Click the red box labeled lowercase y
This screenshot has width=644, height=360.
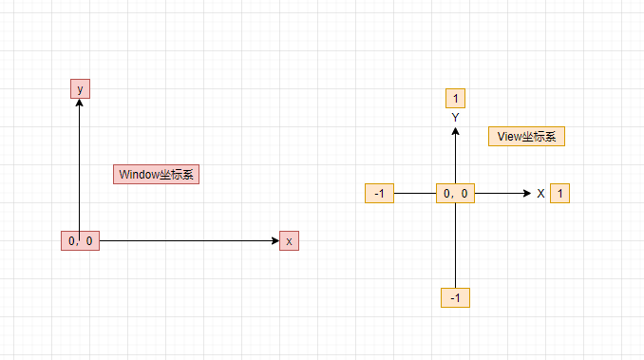point(80,88)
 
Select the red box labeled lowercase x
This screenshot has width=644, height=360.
point(289,240)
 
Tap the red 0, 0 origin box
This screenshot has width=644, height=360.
point(80,240)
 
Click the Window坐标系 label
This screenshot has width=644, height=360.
point(156,175)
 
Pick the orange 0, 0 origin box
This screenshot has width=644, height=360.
point(456,193)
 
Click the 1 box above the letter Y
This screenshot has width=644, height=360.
point(456,99)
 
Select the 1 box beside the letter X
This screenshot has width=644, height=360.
point(560,193)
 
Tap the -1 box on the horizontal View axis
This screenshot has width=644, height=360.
point(379,193)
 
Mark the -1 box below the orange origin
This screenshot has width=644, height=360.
point(456,297)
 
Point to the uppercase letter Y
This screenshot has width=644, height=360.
point(456,117)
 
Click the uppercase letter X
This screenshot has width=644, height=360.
point(540,194)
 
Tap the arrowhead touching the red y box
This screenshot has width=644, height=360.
point(80,104)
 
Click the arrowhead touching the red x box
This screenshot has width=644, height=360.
point(274,240)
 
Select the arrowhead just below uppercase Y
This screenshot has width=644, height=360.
point(456,132)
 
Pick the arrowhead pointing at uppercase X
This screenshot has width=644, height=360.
point(525,193)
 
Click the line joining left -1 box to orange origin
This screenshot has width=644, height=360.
point(414,193)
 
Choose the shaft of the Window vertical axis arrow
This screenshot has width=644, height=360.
point(80,171)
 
